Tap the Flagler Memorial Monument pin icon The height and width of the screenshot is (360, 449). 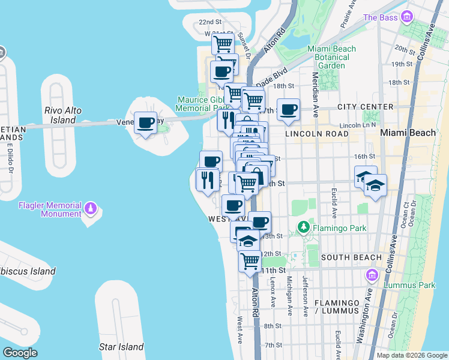coord(91,208)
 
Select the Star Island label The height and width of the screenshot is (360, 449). coord(121,347)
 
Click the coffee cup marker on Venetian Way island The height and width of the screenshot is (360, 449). coord(145,123)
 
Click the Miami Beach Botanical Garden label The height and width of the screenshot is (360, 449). coord(331,57)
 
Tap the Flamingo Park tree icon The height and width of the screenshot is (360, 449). coord(304,227)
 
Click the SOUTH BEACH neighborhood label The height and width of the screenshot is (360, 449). coord(351,257)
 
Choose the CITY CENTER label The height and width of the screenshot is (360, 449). coord(365,107)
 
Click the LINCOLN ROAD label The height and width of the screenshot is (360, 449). coord(317,134)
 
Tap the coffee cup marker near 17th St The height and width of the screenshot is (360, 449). coord(289,109)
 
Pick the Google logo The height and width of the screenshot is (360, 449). coord(20,353)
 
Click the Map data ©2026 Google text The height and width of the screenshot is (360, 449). coord(411,355)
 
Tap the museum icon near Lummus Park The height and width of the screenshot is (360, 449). coord(372,276)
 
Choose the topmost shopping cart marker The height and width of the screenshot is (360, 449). coord(223,43)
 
